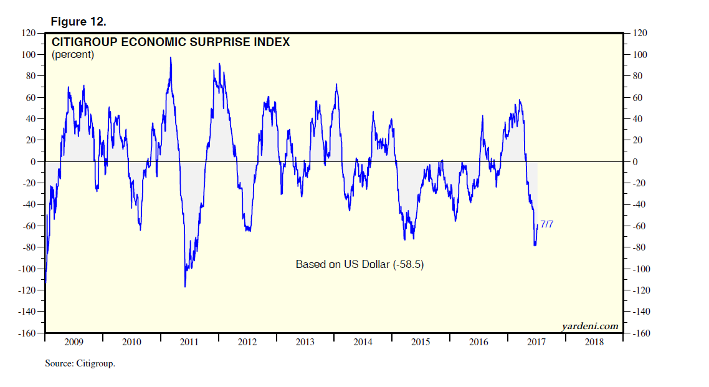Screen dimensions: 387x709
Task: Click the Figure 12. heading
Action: [78, 22]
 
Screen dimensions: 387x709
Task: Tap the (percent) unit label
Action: [73, 55]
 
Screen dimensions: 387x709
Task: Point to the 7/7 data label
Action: [546, 224]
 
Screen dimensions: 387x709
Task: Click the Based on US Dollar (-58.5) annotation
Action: [359, 264]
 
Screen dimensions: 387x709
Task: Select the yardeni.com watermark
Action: [589, 325]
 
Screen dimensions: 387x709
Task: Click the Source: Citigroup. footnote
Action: [80, 363]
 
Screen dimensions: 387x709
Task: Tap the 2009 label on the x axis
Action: [74, 342]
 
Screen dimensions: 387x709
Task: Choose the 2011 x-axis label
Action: [189, 342]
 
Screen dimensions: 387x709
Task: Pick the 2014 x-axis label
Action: [363, 342]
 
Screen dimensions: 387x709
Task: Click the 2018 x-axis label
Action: [594, 342]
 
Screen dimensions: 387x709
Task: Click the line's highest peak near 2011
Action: [171, 57]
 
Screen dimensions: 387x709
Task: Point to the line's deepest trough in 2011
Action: [185, 287]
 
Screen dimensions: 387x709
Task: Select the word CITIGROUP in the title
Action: [83, 42]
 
